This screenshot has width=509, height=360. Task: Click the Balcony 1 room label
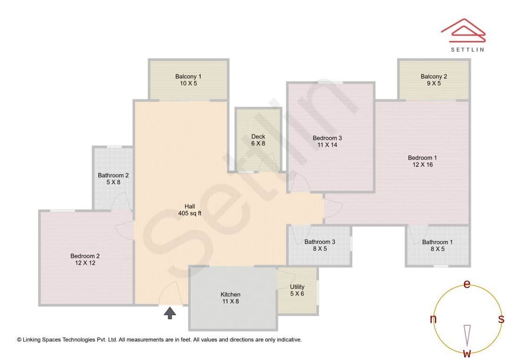[188, 76]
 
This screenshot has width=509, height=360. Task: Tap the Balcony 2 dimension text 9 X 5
[434, 83]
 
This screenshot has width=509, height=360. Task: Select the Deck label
[258, 137]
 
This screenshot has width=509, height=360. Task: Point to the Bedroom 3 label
[327, 138]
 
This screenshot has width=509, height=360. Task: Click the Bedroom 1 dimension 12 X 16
[420, 165]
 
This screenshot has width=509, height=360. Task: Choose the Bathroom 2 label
[113, 175]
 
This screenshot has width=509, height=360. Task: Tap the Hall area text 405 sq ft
[189, 213]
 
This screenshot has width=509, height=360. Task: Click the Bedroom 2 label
[85, 256]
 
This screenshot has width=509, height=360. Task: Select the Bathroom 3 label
[320, 242]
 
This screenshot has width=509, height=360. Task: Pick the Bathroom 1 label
[437, 242]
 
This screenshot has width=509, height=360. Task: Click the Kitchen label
[230, 295]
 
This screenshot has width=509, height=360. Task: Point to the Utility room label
[297, 286]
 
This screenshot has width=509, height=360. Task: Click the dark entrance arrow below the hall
[170, 313]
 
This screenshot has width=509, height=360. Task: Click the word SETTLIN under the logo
[467, 49]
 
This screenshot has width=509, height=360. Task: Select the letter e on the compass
[467, 284]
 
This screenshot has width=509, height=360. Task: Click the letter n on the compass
[433, 319]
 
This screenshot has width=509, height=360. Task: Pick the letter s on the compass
[501, 319]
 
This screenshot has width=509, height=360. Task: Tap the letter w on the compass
[467, 353]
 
